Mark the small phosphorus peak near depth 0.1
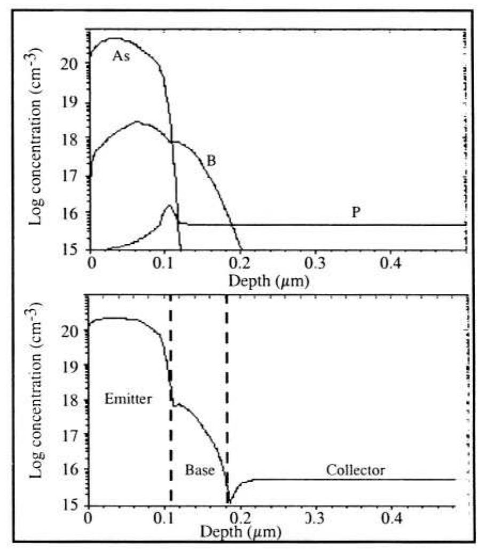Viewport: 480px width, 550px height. [169, 205]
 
